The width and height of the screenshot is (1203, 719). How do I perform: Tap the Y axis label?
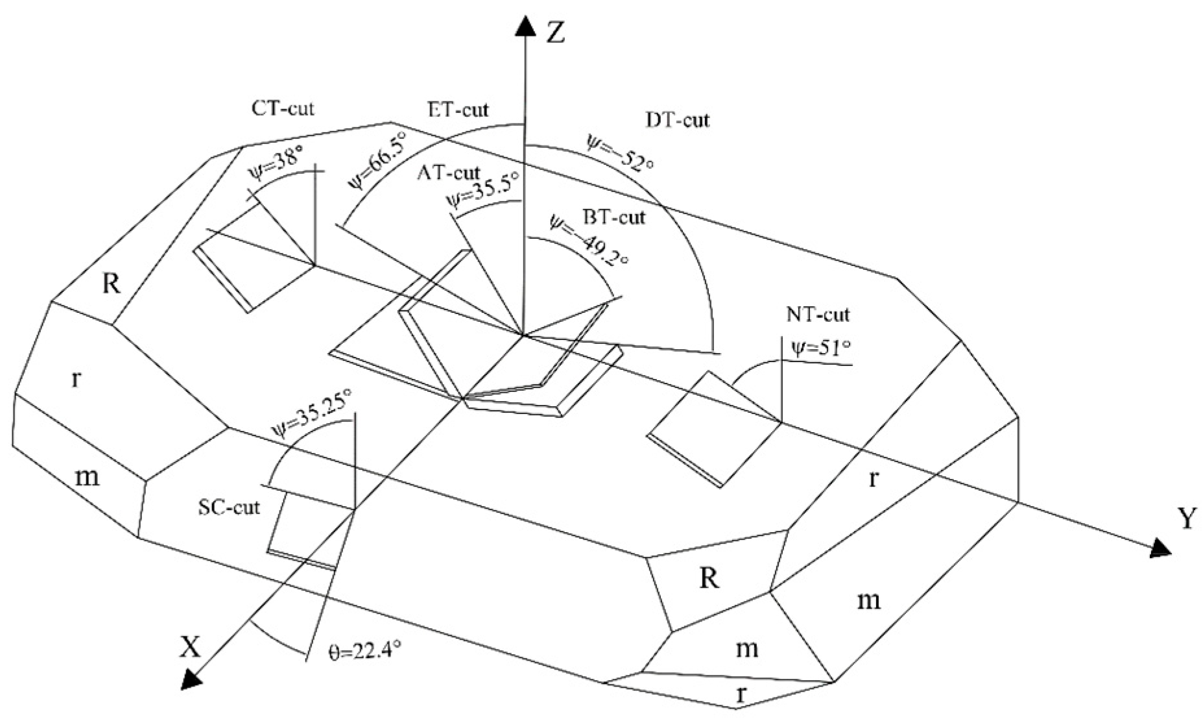(1186, 520)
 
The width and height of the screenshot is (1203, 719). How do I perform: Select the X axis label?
(189, 647)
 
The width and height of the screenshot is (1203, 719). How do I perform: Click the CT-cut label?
(282, 108)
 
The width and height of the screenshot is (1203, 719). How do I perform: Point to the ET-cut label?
(458, 109)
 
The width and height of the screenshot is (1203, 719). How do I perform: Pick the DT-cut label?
(678, 119)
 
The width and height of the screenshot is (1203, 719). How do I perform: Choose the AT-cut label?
(449, 173)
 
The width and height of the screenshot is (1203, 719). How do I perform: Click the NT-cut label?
(818, 315)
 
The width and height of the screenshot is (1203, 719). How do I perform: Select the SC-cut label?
(228, 507)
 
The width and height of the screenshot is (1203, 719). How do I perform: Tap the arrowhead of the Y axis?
(1160, 549)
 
